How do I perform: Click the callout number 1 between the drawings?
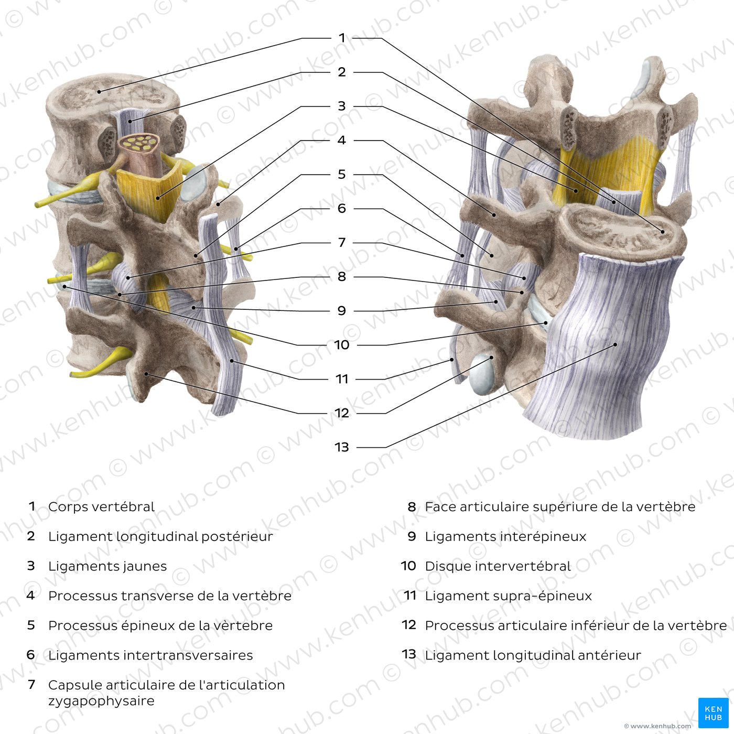[x=342, y=38]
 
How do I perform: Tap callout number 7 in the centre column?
[x=342, y=243]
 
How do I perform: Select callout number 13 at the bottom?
[x=342, y=447]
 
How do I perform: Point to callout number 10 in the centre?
[x=342, y=345]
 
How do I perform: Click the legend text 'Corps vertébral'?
[x=101, y=507]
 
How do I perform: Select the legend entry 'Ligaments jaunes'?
[x=107, y=566]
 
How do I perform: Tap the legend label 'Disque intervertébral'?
[x=498, y=566]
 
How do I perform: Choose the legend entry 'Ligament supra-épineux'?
[x=509, y=596]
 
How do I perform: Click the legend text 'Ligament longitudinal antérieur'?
[x=533, y=655]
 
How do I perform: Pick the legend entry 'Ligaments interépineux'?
[x=505, y=537]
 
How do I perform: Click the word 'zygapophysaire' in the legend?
[x=101, y=701]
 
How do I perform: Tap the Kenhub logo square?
[x=714, y=713]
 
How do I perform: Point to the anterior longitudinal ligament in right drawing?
[x=606, y=343]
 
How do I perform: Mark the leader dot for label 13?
[x=616, y=344]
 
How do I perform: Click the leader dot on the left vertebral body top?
[x=99, y=91]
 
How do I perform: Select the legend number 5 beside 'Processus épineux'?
[x=31, y=625]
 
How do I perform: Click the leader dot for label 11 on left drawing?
[x=232, y=360]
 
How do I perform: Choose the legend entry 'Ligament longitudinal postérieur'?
[x=160, y=537]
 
